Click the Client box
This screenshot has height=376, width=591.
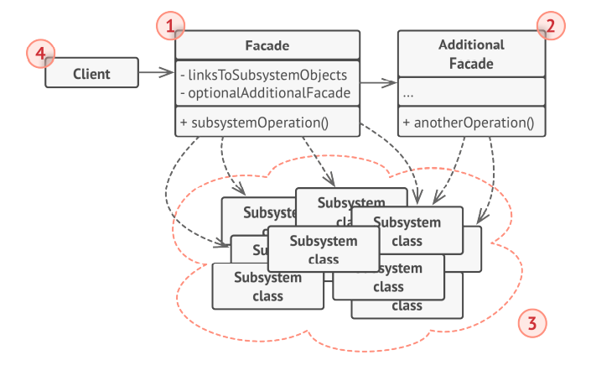click(x=91, y=73)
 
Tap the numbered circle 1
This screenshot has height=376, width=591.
click(x=170, y=28)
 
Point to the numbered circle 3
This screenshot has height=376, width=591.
click(x=531, y=322)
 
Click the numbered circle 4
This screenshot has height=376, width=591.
click(x=39, y=55)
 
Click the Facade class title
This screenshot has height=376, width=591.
click(x=267, y=44)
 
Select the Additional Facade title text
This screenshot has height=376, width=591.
click(x=471, y=54)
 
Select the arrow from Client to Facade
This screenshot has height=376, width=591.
click(x=155, y=73)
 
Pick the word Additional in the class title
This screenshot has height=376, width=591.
click(x=471, y=44)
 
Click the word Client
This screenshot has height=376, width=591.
click(x=91, y=73)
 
